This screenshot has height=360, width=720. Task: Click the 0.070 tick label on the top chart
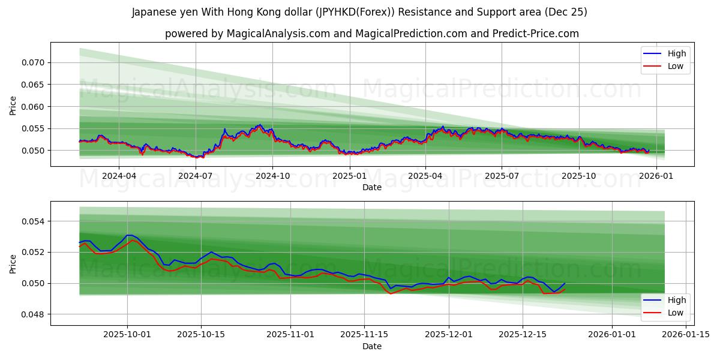[32, 62]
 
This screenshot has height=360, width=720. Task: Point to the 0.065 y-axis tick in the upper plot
[32, 85]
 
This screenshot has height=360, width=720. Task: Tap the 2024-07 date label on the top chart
[196, 176]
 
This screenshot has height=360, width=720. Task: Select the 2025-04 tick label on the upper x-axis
[425, 176]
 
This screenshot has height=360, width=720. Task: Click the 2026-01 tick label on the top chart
[656, 176]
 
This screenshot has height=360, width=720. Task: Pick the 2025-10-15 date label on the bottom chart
[201, 335]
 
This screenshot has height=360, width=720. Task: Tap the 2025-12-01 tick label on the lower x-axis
[448, 335]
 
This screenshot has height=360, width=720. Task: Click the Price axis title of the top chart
[13, 105]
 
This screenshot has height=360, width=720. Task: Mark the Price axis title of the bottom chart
[13, 263]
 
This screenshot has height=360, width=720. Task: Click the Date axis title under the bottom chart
[372, 346]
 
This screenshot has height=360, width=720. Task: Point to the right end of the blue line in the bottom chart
[565, 283]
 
